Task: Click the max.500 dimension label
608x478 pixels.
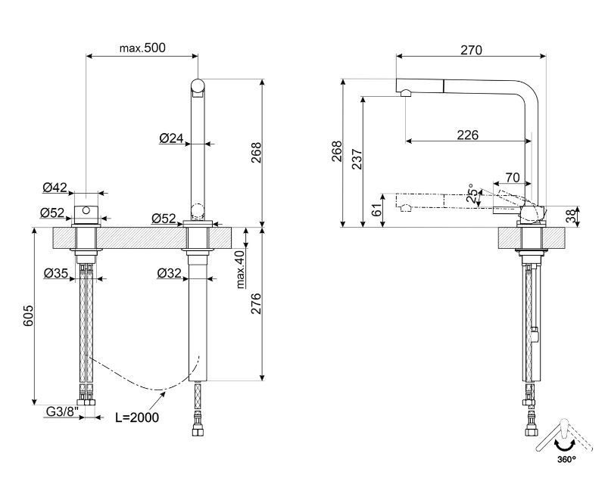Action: tap(142, 48)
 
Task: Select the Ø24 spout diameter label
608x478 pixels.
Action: tap(171, 138)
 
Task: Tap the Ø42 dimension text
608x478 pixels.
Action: tap(55, 188)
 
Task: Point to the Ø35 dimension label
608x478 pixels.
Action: tap(56, 273)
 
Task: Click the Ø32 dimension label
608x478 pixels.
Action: tap(169, 273)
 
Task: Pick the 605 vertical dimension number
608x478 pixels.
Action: tap(28, 315)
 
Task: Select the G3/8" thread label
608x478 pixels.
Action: tap(62, 411)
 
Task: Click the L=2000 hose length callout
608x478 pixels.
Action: tap(137, 417)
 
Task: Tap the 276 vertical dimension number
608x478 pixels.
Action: tap(256, 304)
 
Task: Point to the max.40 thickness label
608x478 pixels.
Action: tap(241, 269)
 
